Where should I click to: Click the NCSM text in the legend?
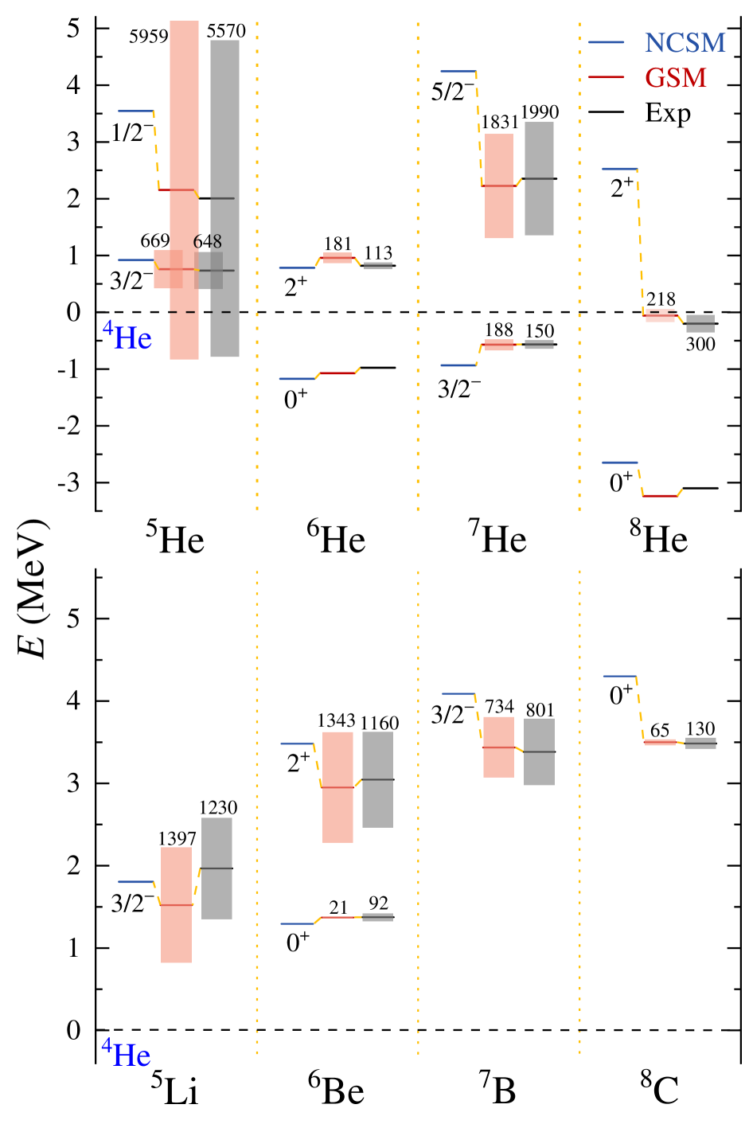click(x=685, y=43)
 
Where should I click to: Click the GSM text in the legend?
click(x=676, y=78)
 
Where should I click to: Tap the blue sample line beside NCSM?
click(x=607, y=42)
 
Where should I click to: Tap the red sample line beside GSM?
click(x=607, y=77)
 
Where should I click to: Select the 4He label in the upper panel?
click(x=127, y=337)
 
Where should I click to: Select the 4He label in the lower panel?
click(x=127, y=1054)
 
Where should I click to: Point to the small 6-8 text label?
click(x=208, y=242)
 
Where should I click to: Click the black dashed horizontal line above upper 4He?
click(x=204, y=312)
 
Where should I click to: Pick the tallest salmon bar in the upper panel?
click(x=184, y=119)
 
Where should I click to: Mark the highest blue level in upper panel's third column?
click(x=458, y=72)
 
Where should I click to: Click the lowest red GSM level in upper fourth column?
click(x=660, y=495)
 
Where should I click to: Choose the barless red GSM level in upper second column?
click(x=337, y=373)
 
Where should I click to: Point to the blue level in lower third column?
click(x=458, y=693)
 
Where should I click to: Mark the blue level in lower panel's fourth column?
click(x=619, y=676)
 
